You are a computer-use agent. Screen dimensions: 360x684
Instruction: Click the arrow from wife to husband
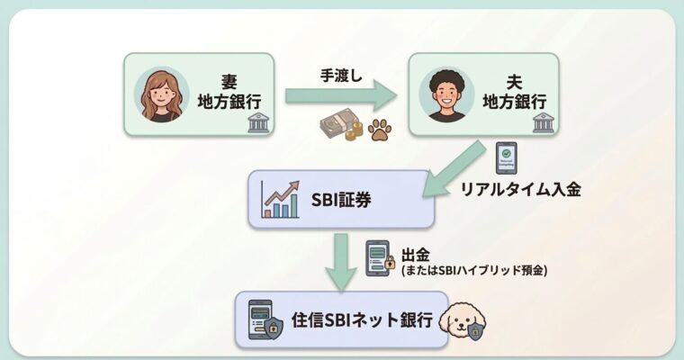pos(340,94)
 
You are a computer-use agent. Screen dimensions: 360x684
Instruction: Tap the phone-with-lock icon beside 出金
pos(380,258)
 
